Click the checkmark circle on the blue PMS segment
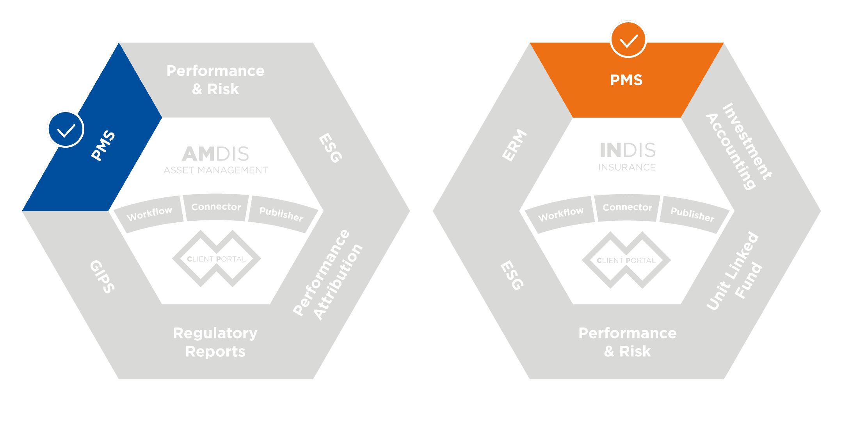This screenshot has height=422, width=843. point(66,129)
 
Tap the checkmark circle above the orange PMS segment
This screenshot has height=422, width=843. point(628,39)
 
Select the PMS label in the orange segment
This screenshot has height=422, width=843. point(626,80)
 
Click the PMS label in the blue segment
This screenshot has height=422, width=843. point(103,145)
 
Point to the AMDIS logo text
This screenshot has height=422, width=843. point(215,154)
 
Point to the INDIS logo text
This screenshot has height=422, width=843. point(627,150)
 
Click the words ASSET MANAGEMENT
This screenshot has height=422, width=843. point(215,170)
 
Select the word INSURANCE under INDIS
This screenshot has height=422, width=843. point(627,168)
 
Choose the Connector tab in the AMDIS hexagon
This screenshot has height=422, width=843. point(216,207)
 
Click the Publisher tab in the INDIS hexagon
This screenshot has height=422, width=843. point(692,215)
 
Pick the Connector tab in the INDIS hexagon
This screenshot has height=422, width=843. point(627,207)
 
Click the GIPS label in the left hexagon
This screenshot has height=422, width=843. point(103,277)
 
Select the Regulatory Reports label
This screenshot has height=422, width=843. point(215,342)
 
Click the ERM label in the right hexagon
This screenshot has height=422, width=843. point(514,145)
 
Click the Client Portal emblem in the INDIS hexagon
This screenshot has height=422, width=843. point(626,260)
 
